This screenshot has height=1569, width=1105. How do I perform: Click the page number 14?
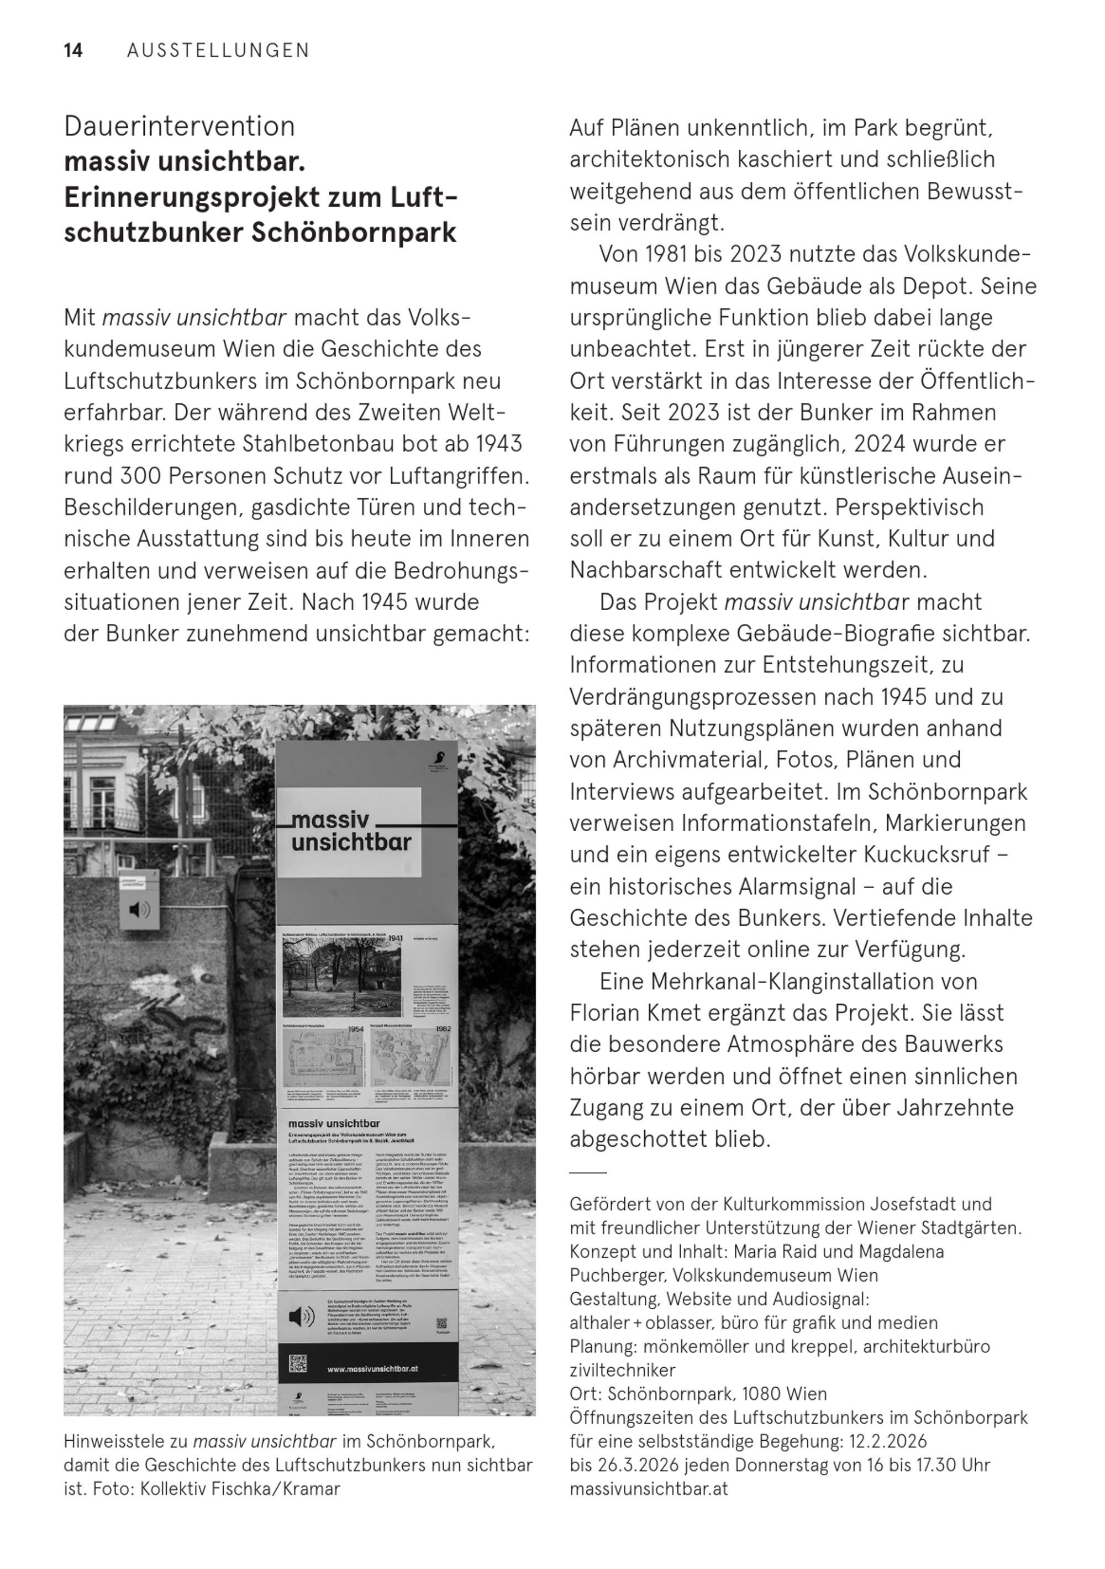pyautogui.click(x=73, y=51)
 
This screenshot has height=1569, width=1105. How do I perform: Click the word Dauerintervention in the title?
pyautogui.click(x=179, y=127)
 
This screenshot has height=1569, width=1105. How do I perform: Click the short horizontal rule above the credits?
pyautogui.click(x=588, y=1172)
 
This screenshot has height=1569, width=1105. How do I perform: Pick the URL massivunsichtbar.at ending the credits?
pyautogui.click(x=649, y=1488)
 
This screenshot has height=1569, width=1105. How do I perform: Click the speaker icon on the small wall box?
pyautogui.click(x=139, y=909)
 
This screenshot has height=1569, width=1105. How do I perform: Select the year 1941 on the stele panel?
pyautogui.click(x=394, y=938)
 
